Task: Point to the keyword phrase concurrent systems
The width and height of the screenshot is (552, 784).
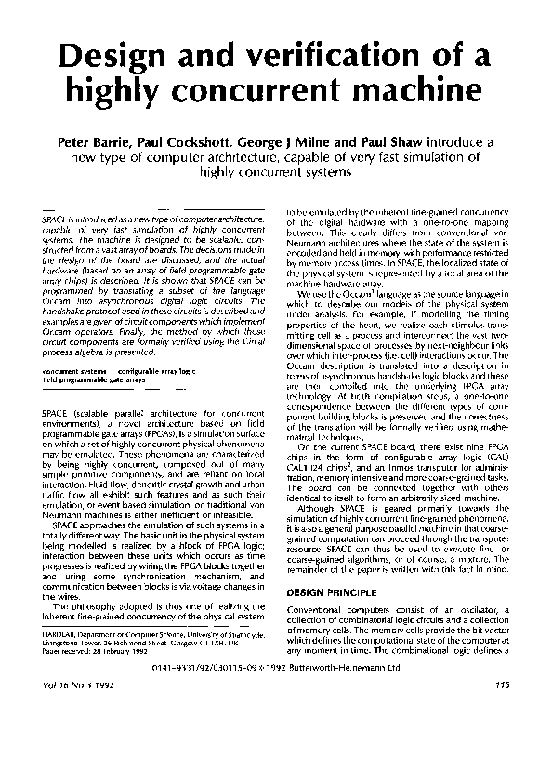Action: pyautogui.click(x=74, y=372)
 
